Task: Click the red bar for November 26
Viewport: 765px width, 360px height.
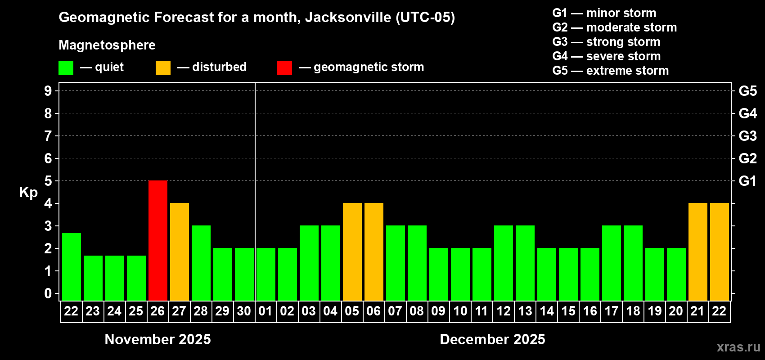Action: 158,240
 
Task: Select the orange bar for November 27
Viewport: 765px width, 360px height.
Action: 180,252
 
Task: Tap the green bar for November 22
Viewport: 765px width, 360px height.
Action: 72,266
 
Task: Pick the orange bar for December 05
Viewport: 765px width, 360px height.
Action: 352,252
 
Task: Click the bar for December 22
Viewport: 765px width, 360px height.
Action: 720,252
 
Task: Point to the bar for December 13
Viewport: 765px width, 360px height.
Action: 525,263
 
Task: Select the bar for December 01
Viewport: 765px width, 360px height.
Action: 266,274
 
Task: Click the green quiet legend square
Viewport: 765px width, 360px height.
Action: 66,68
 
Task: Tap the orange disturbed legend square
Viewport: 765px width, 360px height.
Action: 163,68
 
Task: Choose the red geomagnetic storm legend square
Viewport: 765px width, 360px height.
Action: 284,68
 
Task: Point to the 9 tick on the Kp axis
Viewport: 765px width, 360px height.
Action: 48,91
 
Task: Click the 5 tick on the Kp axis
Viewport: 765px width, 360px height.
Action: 48,181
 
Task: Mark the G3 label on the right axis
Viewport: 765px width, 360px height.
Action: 747,136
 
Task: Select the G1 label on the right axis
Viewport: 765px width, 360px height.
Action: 747,181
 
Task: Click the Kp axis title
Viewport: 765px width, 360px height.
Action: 28,192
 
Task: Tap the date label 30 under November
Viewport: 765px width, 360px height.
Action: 244,311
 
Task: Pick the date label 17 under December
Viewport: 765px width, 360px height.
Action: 611,311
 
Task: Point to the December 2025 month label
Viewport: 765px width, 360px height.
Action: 492,339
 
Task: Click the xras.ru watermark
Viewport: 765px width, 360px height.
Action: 738,347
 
